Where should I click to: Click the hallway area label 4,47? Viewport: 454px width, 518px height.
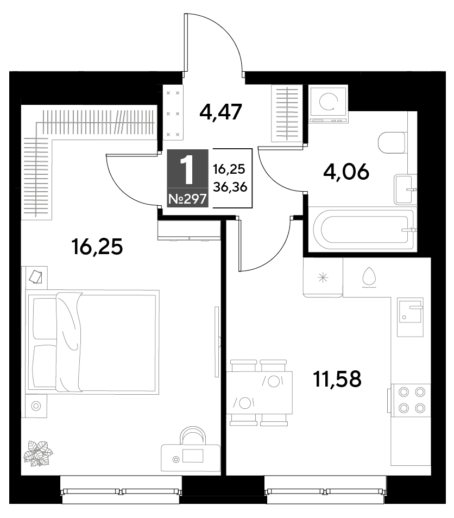221,112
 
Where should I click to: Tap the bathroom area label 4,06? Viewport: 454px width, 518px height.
346,172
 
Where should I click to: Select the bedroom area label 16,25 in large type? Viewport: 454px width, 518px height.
97,247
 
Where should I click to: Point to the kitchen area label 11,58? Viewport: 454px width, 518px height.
337,378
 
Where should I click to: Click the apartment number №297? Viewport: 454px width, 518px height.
188,199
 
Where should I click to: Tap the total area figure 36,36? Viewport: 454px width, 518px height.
230,187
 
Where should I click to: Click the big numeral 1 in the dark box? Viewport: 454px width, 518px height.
188,170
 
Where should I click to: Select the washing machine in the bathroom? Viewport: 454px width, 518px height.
328,104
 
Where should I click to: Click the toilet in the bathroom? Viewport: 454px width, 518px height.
392,143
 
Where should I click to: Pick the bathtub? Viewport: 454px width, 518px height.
363,230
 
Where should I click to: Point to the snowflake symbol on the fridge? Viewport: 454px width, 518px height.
323,277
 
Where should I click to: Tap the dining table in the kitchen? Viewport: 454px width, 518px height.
260,393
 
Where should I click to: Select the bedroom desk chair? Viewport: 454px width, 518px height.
193,435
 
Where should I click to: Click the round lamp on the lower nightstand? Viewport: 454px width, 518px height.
36,406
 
